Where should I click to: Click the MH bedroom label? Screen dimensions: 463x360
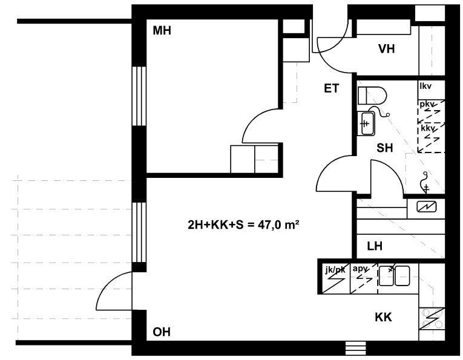tap(162, 31)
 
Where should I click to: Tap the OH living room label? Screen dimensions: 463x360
tap(162, 332)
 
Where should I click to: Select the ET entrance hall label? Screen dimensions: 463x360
tap(332, 88)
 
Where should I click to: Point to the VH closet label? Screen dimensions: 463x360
tap(387, 48)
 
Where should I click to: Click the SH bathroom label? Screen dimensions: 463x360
tap(385, 148)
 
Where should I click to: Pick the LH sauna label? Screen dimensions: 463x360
tap(375, 246)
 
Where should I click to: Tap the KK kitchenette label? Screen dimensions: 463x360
tap(383, 317)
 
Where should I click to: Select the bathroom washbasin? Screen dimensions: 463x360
tap(366, 123)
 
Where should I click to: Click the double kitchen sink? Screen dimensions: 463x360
tap(394, 276)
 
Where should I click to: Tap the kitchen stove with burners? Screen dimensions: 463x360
tap(432, 319)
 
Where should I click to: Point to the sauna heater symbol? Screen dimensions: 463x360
tap(427, 206)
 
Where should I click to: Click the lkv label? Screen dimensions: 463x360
tap(425, 86)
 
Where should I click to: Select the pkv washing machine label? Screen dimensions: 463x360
tap(427, 105)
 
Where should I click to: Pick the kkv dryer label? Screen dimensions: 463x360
tap(428, 129)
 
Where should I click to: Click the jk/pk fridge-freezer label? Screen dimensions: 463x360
tap(335, 270)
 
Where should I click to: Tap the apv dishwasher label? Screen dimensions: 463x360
tap(360, 269)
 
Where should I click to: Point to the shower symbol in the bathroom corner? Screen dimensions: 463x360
tap(425, 183)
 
